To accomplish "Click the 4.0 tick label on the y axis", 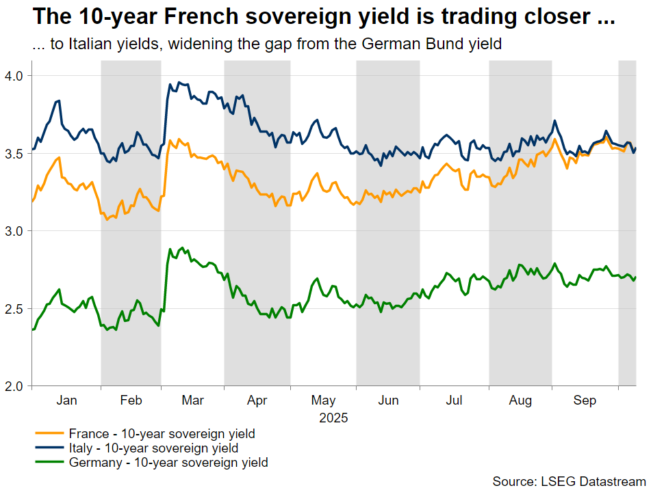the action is (13, 76).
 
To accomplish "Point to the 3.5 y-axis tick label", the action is (13, 154).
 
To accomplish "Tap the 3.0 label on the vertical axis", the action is (13, 231).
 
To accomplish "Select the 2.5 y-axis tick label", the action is (13, 309).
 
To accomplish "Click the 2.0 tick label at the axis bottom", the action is (13, 386).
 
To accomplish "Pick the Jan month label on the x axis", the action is (66, 401).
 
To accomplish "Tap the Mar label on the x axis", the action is (193, 401).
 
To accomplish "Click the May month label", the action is (323, 401).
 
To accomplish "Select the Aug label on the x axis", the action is (521, 401).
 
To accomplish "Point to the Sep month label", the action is (585, 401).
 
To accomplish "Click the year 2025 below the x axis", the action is (333, 418).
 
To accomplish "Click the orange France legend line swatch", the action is (49, 433).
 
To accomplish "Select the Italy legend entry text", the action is (154, 448).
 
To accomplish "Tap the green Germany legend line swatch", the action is (49, 462).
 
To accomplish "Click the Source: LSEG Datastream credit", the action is (569, 481).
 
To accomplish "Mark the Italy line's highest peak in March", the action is (179, 82).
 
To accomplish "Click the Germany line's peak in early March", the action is (183, 247).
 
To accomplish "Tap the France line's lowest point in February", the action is (107, 219).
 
